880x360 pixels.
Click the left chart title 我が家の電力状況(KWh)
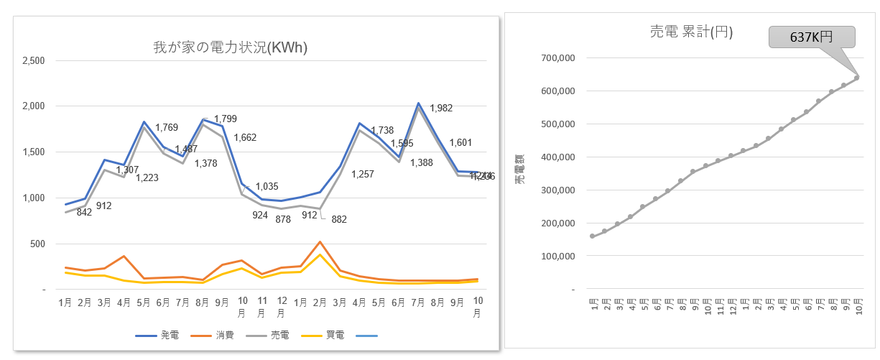tap(230, 48)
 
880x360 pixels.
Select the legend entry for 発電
tap(162, 336)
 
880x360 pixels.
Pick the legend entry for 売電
tap(272, 336)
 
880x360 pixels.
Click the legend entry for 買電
tap(327, 336)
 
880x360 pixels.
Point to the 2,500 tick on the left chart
tap(34, 60)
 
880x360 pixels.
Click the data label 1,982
tap(441, 109)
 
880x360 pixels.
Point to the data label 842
tap(85, 212)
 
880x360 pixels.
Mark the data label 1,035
tap(267, 187)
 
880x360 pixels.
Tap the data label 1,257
tap(363, 175)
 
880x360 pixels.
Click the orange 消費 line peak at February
tap(320, 241)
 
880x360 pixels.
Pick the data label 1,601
tap(460, 142)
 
